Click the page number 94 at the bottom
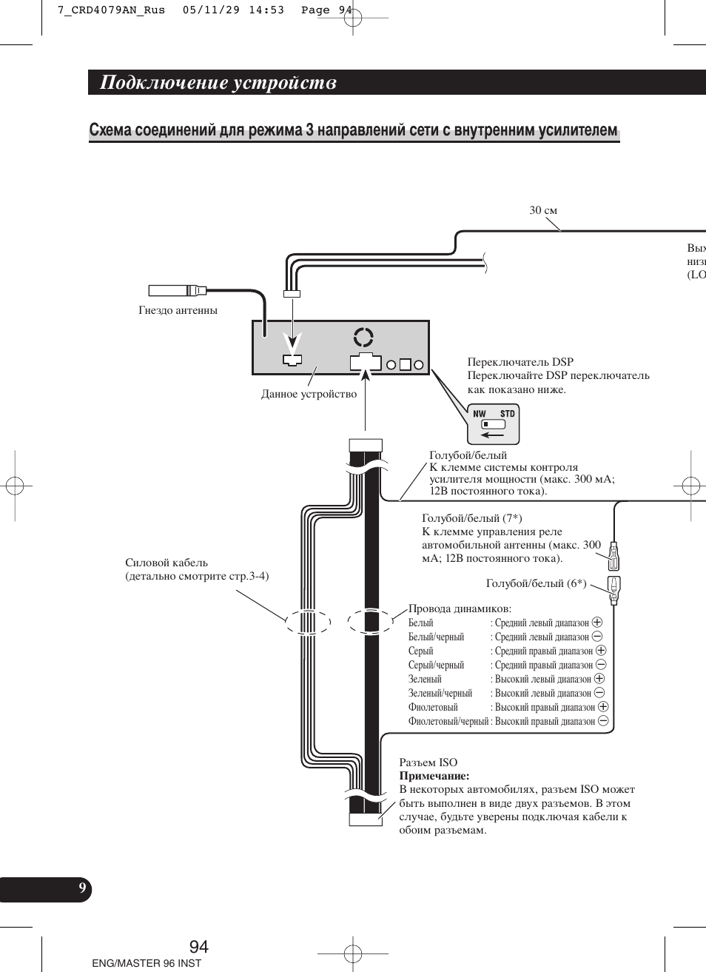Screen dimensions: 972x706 199,946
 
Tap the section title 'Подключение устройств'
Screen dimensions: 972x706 218,83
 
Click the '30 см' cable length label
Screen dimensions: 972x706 543,211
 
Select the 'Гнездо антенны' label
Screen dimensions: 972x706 178,310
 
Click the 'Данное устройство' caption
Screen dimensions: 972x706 309,394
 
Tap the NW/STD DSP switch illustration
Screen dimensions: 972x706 494,424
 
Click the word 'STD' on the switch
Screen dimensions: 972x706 507,414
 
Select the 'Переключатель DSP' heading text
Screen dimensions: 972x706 520,362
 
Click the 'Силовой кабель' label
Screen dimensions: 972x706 167,563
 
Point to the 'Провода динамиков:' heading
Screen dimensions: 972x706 460,609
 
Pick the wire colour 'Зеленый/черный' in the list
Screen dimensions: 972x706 440,693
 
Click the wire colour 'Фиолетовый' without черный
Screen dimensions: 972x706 433,707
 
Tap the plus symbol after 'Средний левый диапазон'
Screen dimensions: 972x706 597,623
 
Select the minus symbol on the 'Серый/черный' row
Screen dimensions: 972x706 601,665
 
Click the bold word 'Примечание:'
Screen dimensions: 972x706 434,776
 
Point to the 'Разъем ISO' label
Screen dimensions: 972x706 428,762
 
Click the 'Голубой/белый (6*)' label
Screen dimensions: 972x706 536,583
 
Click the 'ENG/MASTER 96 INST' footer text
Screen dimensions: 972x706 147,963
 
